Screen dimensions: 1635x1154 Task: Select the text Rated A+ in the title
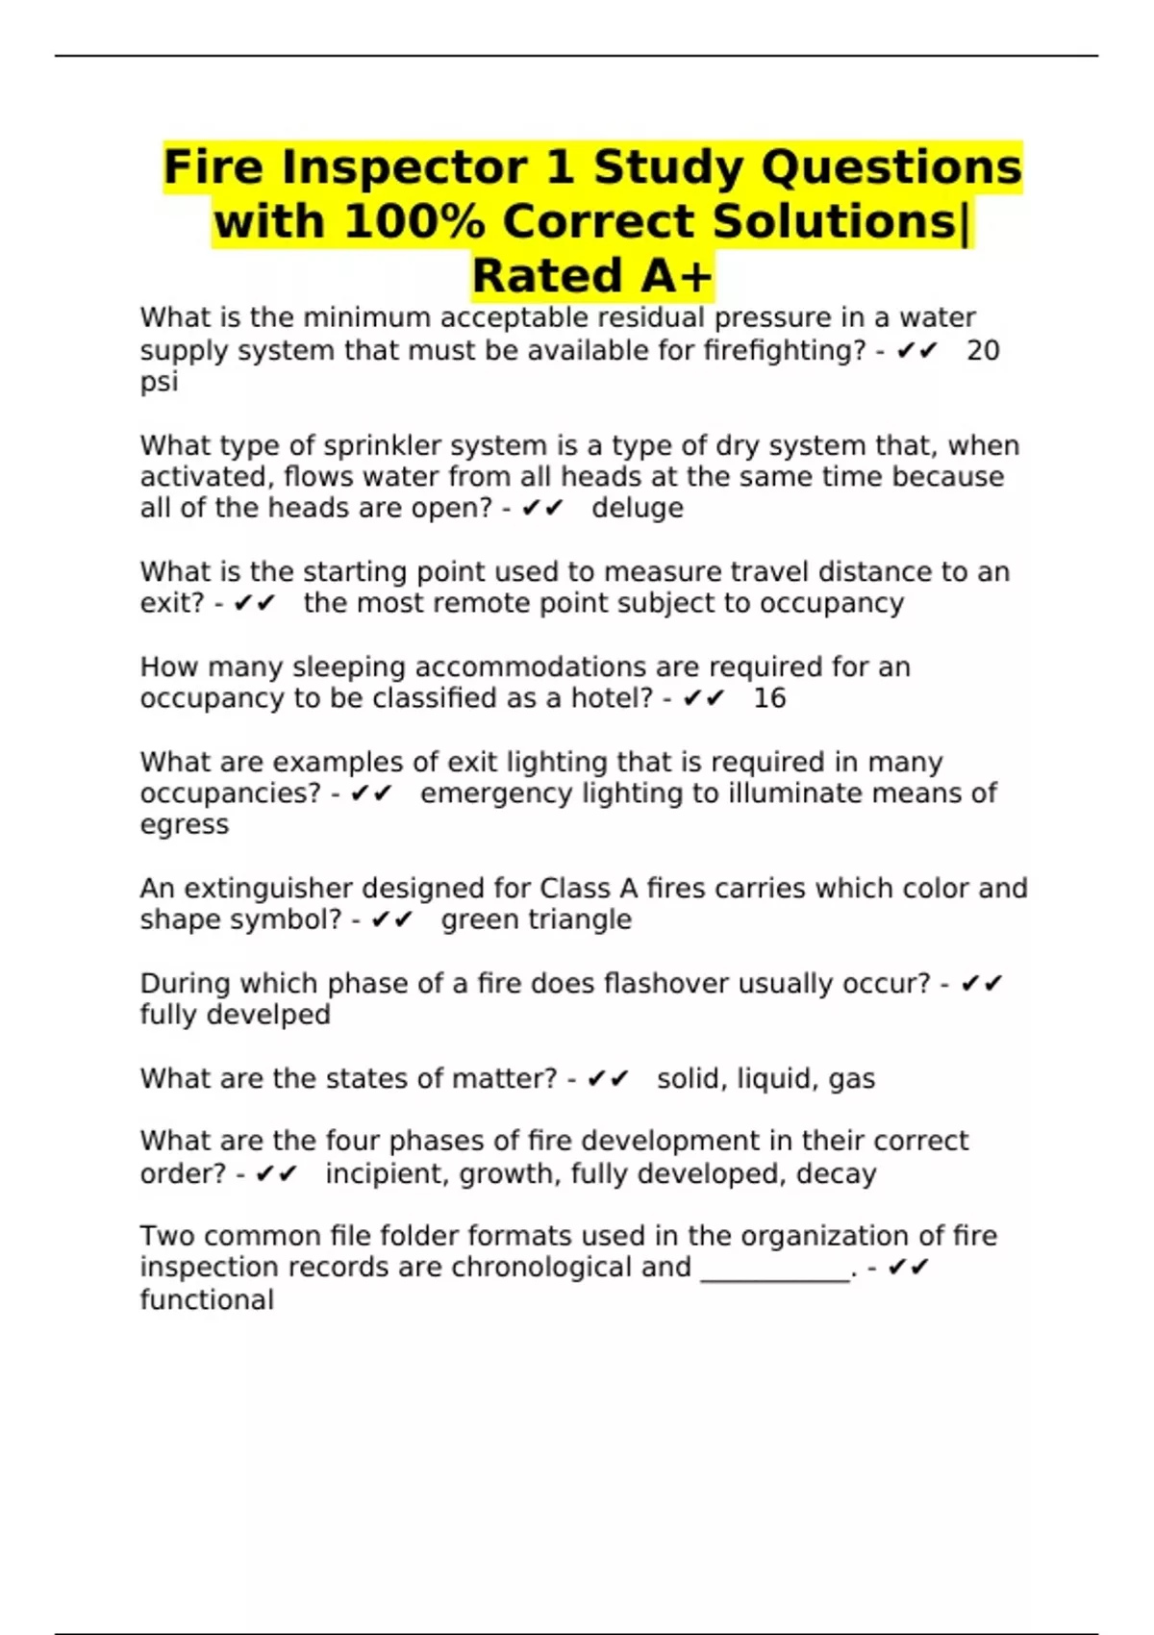(x=592, y=276)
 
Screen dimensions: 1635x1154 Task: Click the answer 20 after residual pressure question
(x=983, y=350)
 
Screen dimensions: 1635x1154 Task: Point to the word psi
(x=159, y=382)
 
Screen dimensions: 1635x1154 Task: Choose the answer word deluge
(x=638, y=508)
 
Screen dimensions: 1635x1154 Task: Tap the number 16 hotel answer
(x=769, y=698)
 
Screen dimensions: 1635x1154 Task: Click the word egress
(x=185, y=825)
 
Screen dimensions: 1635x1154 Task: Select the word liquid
(x=777, y=1079)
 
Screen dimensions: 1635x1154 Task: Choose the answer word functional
(x=207, y=1300)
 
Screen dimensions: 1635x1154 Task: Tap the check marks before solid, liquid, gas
(x=608, y=1079)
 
